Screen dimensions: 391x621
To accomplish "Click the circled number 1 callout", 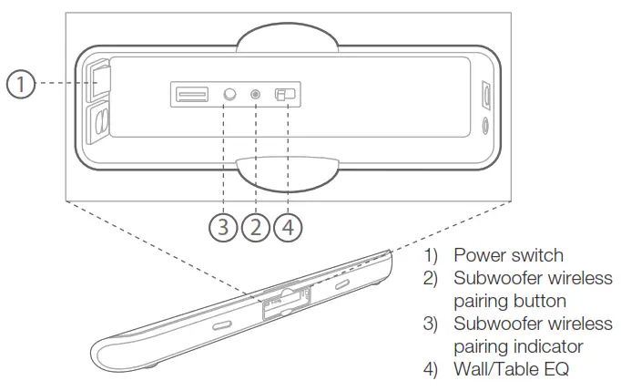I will point(22,84).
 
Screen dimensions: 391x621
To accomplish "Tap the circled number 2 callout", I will point(256,226).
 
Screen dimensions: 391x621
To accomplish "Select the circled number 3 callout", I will point(223,226).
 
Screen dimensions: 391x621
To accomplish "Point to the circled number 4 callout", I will point(289,226).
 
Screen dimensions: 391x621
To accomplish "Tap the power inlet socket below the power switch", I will point(100,121).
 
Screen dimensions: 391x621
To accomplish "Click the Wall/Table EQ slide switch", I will point(288,94).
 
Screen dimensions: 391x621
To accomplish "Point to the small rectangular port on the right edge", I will point(488,94).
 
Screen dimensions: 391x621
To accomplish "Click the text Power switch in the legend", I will point(509,255).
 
